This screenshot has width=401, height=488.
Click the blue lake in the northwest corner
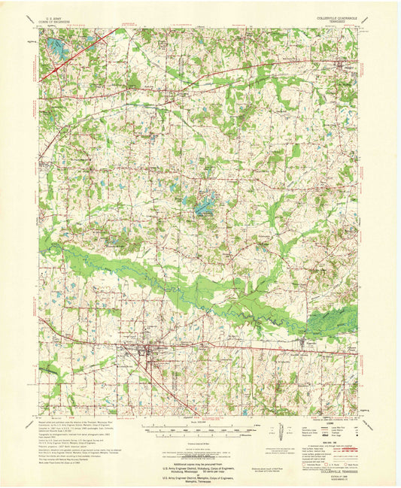point(55,50)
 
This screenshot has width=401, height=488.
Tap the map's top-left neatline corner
point(39,29)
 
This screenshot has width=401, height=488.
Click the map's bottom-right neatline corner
point(360,415)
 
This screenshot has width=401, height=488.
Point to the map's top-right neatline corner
point(360,29)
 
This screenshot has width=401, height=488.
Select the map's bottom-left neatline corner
point(39,415)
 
